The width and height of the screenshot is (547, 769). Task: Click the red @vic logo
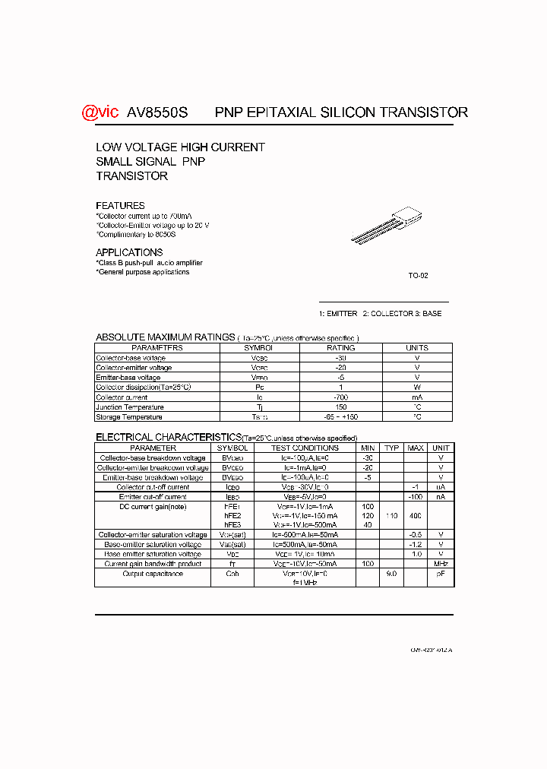pos(100,112)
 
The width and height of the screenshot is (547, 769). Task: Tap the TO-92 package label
pos(418,276)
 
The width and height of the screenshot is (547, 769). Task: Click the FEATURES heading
pos(120,206)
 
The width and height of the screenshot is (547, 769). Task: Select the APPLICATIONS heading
pos(129,252)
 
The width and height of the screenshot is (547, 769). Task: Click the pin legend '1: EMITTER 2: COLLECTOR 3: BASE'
pos(380,314)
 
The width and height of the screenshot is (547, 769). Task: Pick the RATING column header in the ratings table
pos(340,348)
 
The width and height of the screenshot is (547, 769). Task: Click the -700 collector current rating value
pos(340,397)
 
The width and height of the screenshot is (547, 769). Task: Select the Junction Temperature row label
pos(129,407)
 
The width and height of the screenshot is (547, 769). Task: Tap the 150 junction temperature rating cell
pos(340,407)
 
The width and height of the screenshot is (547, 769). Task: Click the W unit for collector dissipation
pos(416,388)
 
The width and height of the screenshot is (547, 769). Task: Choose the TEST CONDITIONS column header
pos(305,448)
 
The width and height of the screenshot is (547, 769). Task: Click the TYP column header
pos(391,448)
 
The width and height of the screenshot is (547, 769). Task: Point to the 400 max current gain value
pos(416,516)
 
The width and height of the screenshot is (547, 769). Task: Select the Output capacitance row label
pos(153,574)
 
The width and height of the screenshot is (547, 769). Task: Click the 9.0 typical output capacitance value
pos(391,574)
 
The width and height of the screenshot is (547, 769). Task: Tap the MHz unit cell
pos(441,564)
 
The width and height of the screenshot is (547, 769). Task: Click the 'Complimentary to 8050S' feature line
pos(137,235)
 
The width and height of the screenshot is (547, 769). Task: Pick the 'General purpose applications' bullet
pos(143,272)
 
